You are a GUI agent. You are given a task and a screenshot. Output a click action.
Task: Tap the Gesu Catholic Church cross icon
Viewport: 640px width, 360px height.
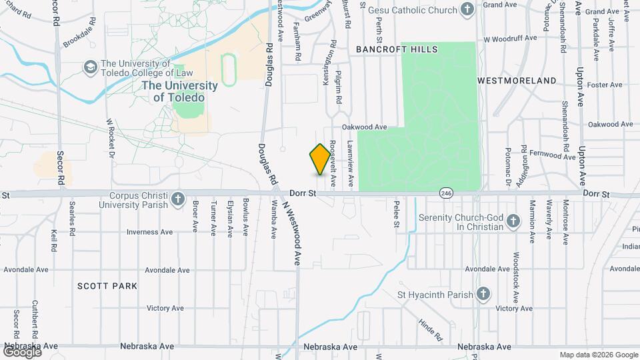(x=468, y=9)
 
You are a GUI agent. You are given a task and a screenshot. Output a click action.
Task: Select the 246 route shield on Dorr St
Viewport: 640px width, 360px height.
(x=445, y=193)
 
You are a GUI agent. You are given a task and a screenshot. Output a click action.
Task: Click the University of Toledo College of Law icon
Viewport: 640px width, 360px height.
(x=89, y=68)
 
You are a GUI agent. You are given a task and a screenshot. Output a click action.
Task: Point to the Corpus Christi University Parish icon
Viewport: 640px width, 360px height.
(x=177, y=199)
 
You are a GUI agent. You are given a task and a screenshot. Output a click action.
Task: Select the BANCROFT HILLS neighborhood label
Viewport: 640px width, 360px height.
(x=397, y=49)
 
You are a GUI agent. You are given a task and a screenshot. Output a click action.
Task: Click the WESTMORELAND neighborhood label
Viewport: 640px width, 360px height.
(x=517, y=81)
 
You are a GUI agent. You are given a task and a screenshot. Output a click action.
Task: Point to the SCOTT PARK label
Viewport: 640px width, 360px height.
(x=107, y=286)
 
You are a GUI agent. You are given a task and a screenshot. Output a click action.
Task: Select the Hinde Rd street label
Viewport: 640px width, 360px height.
(x=431, y=330)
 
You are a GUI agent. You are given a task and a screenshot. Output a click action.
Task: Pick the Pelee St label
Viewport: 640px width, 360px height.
(x=396, y=213)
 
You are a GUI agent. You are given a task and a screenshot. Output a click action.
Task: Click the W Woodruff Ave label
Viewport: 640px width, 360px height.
(x=510, y=38)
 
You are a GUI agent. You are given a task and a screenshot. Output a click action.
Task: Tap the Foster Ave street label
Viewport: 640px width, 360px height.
(x=605, y=85)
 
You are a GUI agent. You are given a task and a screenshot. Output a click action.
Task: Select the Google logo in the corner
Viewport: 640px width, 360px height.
(x=22, y=351)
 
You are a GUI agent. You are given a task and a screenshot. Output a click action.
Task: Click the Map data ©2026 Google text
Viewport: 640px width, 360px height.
(x=598, y=355)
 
